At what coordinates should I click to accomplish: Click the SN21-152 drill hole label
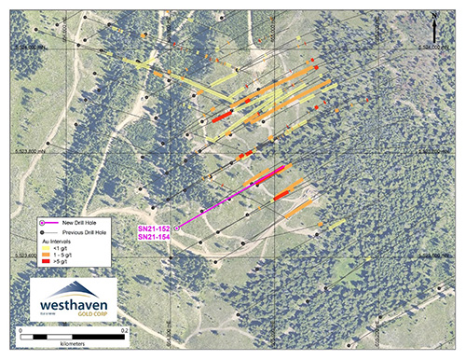(x=154, y=228)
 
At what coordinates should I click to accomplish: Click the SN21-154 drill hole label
(x=154, y=237)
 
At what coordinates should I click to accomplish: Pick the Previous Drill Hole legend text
(x=86, y=230)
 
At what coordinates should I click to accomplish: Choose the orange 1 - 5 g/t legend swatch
(x=50, y=256)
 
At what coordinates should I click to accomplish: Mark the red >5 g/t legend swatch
(x=50, y=265)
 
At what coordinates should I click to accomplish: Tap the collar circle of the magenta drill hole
(x=176, y=226)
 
